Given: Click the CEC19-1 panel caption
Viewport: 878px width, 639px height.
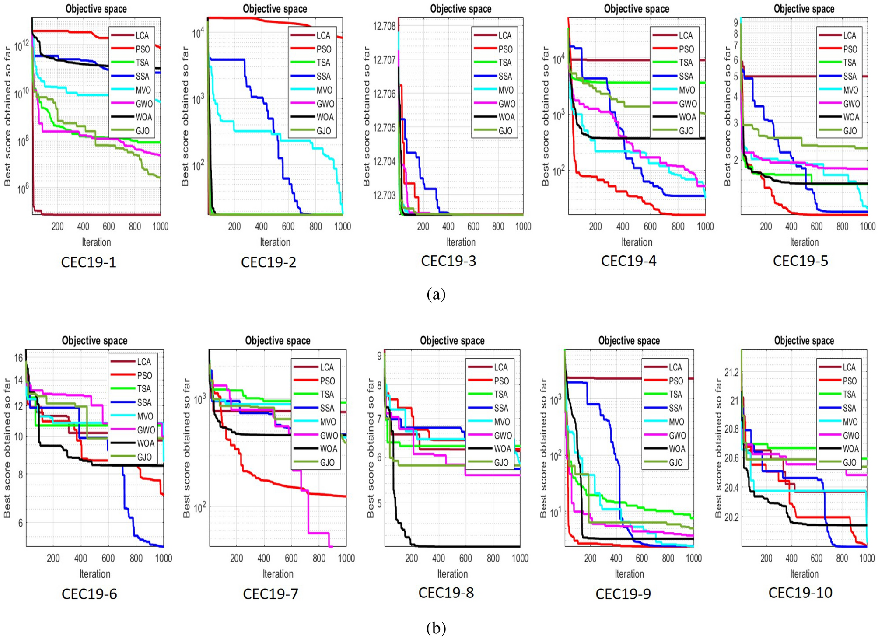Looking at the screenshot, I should [88, 262].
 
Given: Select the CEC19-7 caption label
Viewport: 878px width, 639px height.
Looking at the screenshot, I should [270, 594].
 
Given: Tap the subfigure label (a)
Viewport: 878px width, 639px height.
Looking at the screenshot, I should [436, 294].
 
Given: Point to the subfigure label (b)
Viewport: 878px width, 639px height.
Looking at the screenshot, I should [436, 628].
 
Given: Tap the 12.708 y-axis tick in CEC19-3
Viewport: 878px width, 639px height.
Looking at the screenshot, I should [384, 26].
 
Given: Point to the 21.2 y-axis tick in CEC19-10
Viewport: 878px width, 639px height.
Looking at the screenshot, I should [731, 372].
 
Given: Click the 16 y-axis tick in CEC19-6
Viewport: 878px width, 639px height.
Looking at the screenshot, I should [18, 358].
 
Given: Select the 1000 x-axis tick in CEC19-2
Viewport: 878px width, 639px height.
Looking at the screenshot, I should [343, 227].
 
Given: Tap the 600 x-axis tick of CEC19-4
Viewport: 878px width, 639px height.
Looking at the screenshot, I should [650, 227].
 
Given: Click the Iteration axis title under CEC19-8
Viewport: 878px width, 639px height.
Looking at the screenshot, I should [452, 574].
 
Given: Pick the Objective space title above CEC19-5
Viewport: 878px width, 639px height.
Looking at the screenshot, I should [804, 9].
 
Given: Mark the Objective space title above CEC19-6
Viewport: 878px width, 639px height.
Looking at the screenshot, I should [94, 341].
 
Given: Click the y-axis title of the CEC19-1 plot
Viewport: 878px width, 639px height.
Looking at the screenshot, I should [7, 116].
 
